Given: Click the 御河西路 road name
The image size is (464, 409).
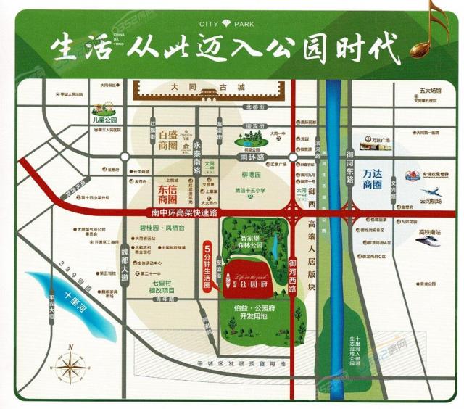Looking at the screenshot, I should click(293, 268).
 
